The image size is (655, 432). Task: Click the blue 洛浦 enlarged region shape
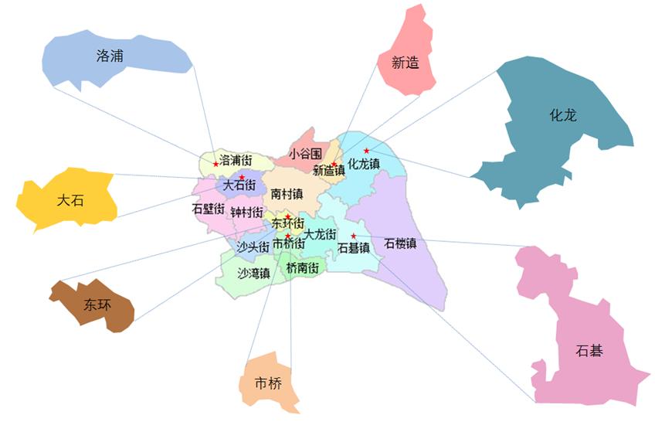(x=116, y=58)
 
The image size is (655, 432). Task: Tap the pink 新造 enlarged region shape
(x=407, y=58)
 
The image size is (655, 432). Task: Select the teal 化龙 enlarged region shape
(x=556, y=124)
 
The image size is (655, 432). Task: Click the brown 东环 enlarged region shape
(x=97, y=304)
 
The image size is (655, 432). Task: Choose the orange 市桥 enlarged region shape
(x=269, y=383)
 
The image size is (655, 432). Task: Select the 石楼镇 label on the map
(x=400, y=243)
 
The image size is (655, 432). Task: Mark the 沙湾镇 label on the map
(x=253, y=273)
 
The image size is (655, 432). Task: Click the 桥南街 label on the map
(x=301, y=268)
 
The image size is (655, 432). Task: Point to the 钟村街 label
(x=246, y=212)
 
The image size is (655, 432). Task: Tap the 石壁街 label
(x=208, y=209)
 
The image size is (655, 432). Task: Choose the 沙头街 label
(x=253, y=247)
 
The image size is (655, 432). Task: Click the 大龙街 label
(x=320, y=233)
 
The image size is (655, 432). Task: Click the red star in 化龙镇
(x=367, y=151)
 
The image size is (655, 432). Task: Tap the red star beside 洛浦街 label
(x=216, y=163)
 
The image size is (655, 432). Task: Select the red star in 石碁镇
(x=354, y=236)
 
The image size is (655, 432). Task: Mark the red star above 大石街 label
(x=242, y=178)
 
